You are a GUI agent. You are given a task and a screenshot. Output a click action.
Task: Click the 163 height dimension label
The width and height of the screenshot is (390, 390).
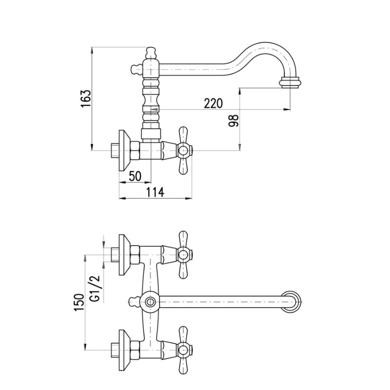(86, 98)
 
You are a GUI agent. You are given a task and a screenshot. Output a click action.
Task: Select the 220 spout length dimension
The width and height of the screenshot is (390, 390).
(213, 103)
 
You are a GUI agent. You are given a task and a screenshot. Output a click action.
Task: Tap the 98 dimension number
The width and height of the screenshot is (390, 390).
(234, 120)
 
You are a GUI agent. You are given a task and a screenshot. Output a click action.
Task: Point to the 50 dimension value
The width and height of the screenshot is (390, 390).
(135, 176)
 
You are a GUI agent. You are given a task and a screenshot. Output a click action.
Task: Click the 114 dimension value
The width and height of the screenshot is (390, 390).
(155, 192)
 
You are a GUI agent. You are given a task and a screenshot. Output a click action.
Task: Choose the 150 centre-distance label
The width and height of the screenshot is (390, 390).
(79, 302)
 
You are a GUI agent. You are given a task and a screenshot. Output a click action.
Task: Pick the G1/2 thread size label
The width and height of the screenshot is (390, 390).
(95, 289)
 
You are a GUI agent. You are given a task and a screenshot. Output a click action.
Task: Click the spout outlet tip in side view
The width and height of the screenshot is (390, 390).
(291, 82)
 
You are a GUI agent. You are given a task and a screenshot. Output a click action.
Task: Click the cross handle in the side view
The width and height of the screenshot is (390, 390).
(183, 151)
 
